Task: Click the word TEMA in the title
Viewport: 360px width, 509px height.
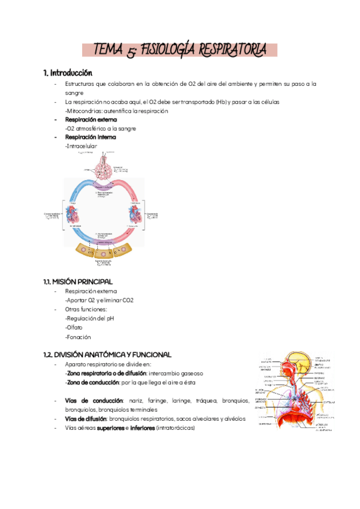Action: click(110, 50)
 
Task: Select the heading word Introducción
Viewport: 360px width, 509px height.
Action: click(71, 73)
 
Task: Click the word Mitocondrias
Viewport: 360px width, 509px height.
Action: click(85, 111)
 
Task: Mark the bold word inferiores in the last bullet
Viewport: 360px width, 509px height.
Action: click(140, 427)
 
